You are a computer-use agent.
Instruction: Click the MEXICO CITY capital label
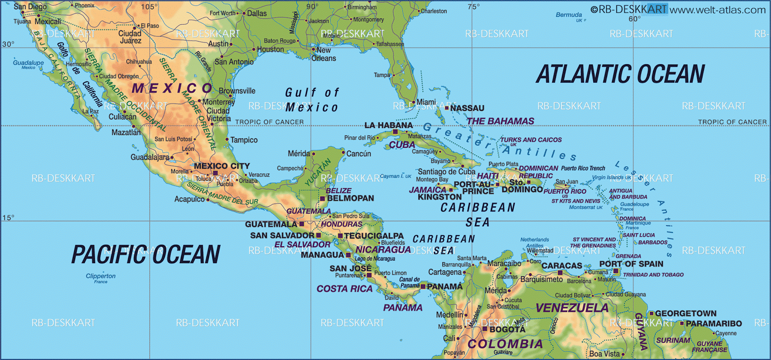[x=222, y=166]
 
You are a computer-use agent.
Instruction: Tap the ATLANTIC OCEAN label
[x=620, y=74]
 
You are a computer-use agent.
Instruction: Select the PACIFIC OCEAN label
[x=146, y=254]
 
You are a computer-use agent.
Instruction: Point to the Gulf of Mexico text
[x=312, y=100]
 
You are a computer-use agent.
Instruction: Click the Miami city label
[x=426, y=102]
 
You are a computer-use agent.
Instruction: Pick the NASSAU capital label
[x=467, y=108]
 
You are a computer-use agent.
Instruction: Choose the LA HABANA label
[x=388, y=125]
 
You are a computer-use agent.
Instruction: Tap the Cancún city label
[x=359, y=154]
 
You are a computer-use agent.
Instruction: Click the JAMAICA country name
[x=427, y=190]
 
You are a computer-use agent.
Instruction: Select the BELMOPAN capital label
[x=350, y=198]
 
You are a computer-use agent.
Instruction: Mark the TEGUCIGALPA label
[x=373, y=236]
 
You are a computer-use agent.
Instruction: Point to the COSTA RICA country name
[x=345, y=289]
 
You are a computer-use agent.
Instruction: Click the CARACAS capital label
[x=562, y=266]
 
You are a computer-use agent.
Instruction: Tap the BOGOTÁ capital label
[x=507, y=330]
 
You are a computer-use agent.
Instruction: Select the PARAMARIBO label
[x=714, y=323]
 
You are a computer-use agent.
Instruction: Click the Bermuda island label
[x=569, y=15]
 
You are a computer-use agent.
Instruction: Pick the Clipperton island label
[x=101, y=276]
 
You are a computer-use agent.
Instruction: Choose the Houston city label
[x=270, y=49]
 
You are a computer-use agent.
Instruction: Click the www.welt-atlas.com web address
[x=718, y=10]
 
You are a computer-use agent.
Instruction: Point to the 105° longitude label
[x=149, y=7]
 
